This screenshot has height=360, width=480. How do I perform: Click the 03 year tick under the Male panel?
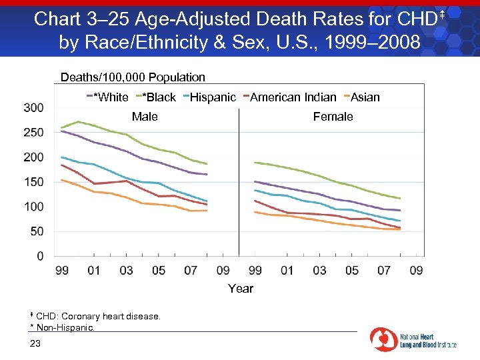[126, 270]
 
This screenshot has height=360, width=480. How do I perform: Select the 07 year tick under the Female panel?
[384, 270]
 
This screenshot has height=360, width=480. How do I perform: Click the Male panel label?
[145, 117]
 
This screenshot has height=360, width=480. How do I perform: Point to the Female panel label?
[333, 117]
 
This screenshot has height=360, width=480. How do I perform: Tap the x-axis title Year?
[241, 289]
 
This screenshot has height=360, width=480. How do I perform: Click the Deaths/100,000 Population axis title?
[133, 77]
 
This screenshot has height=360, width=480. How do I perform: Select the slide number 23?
[35, 343]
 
